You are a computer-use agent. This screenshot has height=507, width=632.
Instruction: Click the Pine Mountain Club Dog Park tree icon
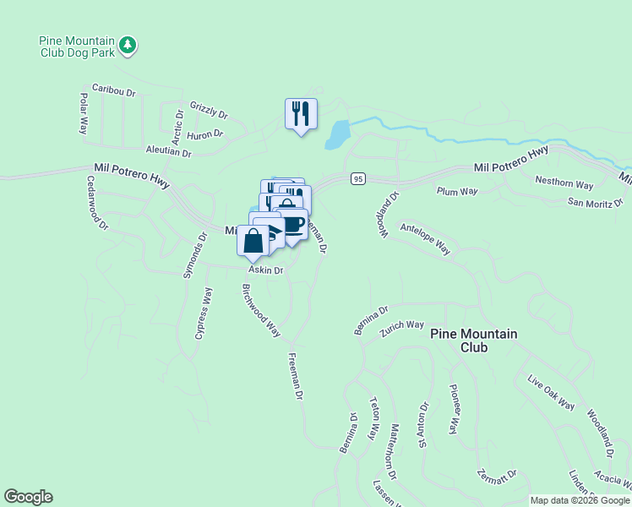[128, 44]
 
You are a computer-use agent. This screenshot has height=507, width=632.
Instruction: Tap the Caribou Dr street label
[114, 90]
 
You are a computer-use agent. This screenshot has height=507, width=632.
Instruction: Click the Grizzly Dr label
[209, 109]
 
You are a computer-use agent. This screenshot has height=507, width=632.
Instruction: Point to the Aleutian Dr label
[169, 150]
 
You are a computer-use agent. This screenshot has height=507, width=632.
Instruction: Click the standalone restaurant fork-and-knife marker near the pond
[301, 113]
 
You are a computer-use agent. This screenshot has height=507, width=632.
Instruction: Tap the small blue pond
[337, 134]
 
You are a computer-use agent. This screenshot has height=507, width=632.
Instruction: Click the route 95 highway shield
[358, 179]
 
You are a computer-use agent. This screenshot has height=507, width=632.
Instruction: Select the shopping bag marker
[253, 242]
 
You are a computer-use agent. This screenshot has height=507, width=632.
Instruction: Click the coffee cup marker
[292, 225]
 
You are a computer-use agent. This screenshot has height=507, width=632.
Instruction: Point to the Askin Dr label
[265, 270]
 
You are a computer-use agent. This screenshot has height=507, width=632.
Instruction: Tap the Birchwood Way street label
[261, 311]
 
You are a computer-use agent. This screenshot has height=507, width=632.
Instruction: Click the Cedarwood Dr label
[97, 203]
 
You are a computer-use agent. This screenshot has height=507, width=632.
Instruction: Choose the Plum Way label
[457, 192]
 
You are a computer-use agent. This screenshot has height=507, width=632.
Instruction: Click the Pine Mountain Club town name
[473, 341]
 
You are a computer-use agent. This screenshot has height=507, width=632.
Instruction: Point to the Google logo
[28, 497]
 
